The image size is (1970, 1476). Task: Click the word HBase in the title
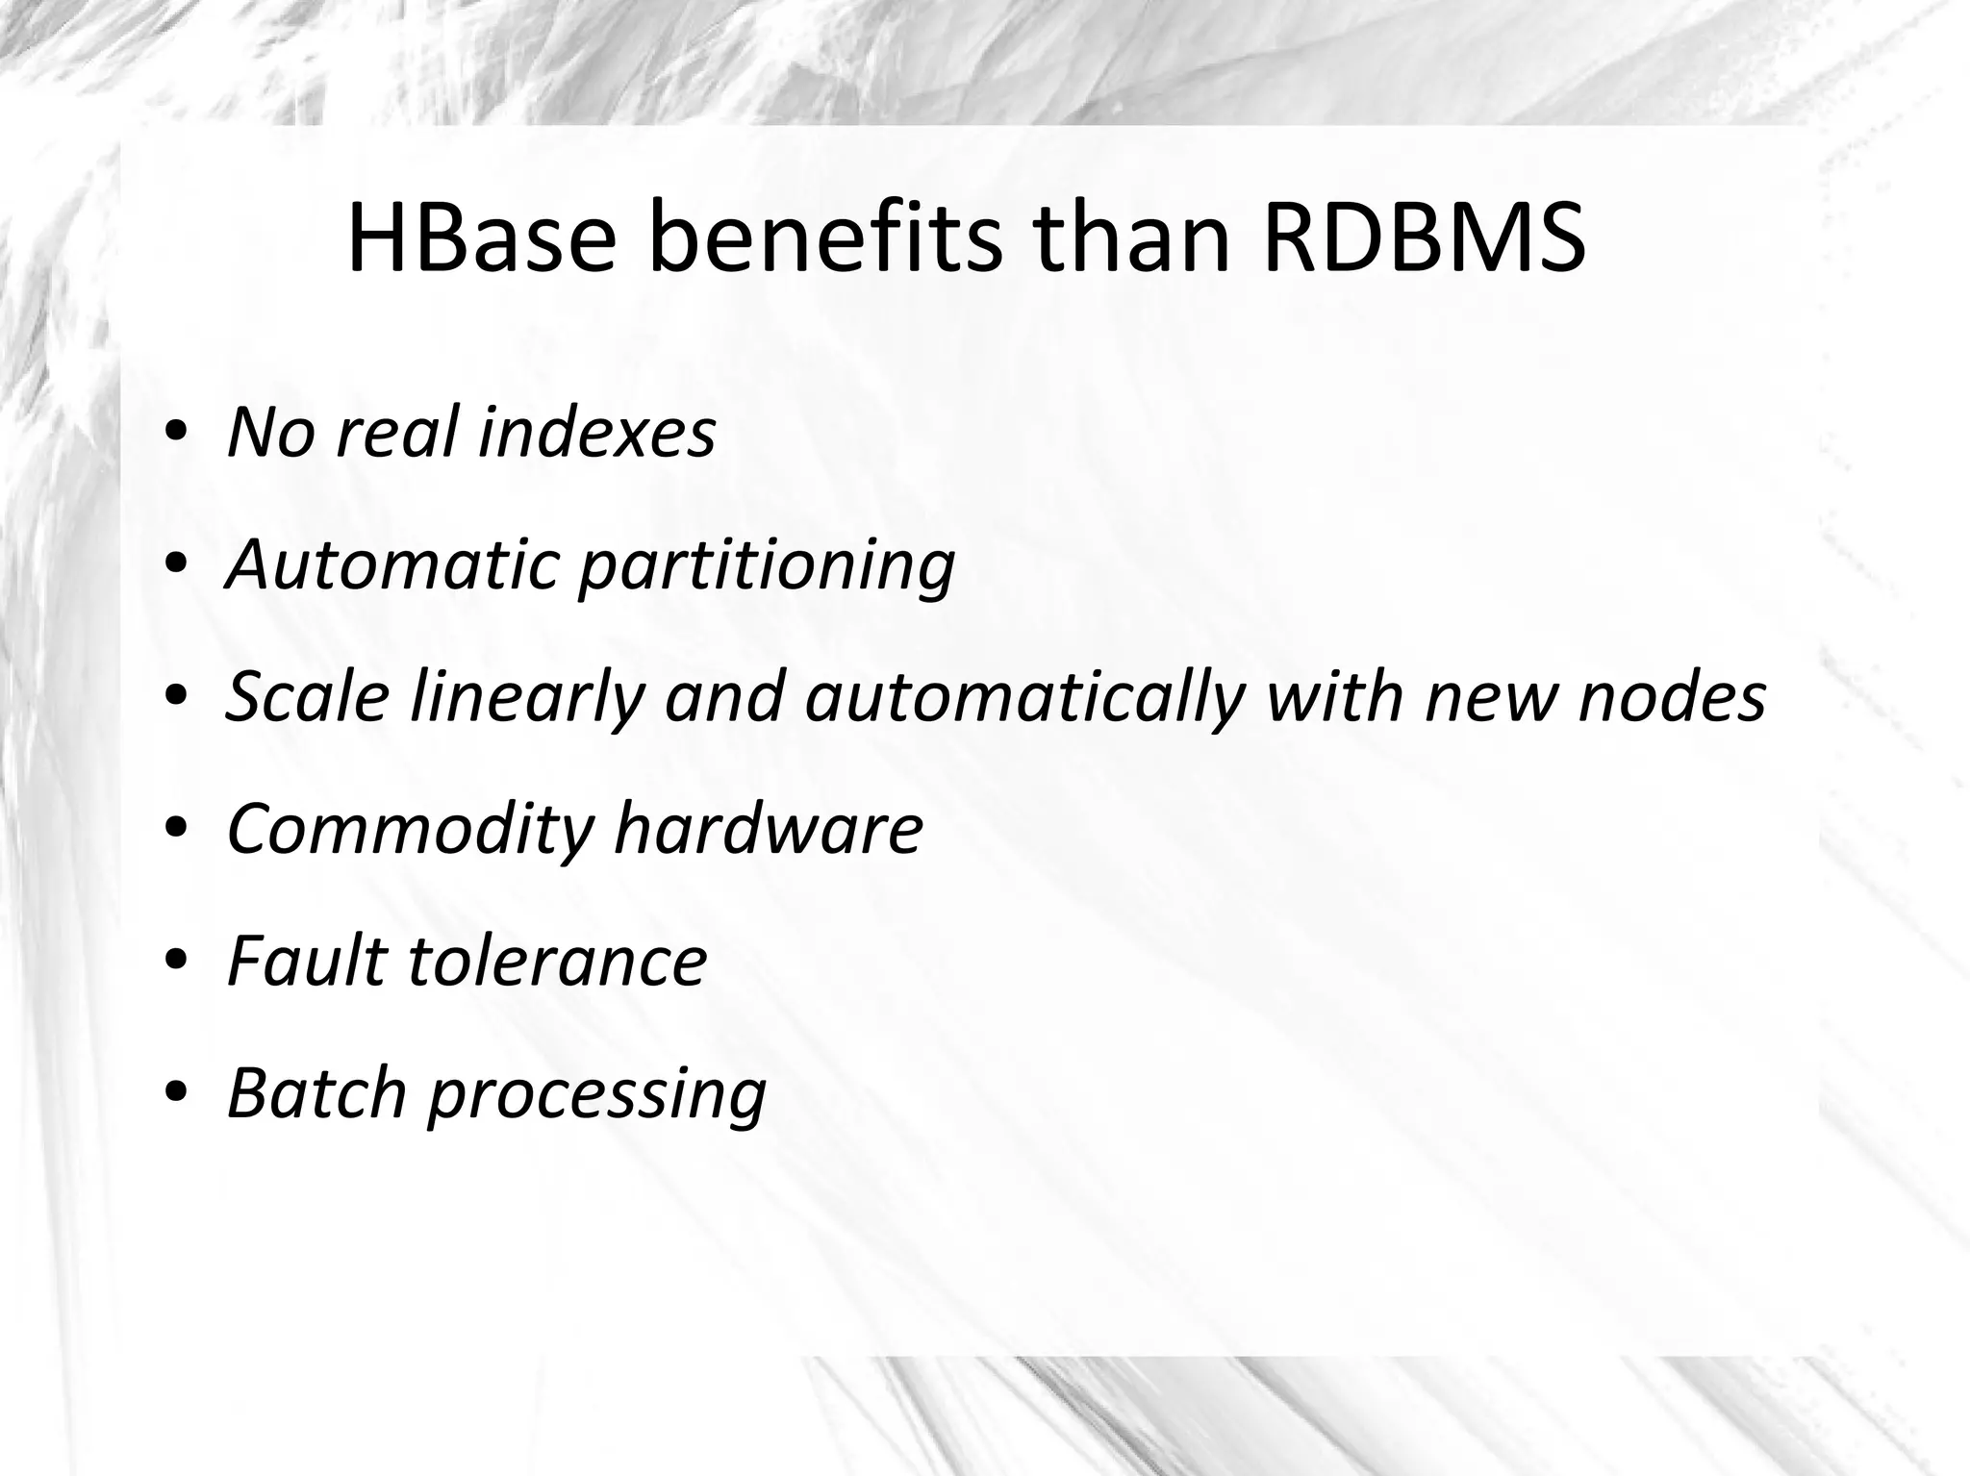click(x=479, y=239)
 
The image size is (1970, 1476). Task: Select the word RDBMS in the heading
click(x=1424, y=239)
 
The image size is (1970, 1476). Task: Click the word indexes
click(x=596, y=432)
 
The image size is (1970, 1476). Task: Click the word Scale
click(x=307, y=696)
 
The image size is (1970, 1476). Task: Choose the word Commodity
click(x=409, y=830)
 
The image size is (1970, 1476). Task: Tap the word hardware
click(x=769, y=828)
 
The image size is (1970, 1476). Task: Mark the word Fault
click(x=306, y=961)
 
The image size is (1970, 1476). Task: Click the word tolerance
click(x=558, y=961)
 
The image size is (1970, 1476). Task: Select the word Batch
click(x=316, y=1093)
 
